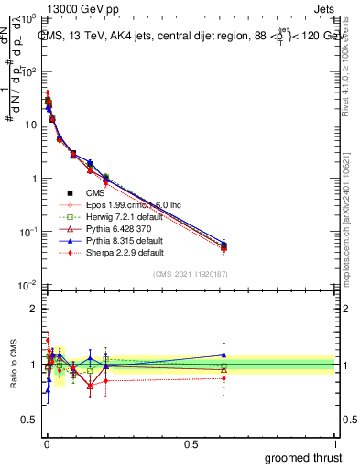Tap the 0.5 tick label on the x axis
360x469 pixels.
point(191,443)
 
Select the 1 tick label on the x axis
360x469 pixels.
point(335,443)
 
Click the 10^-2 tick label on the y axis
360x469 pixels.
point(27,285)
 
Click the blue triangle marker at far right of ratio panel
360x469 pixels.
point(224,354)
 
